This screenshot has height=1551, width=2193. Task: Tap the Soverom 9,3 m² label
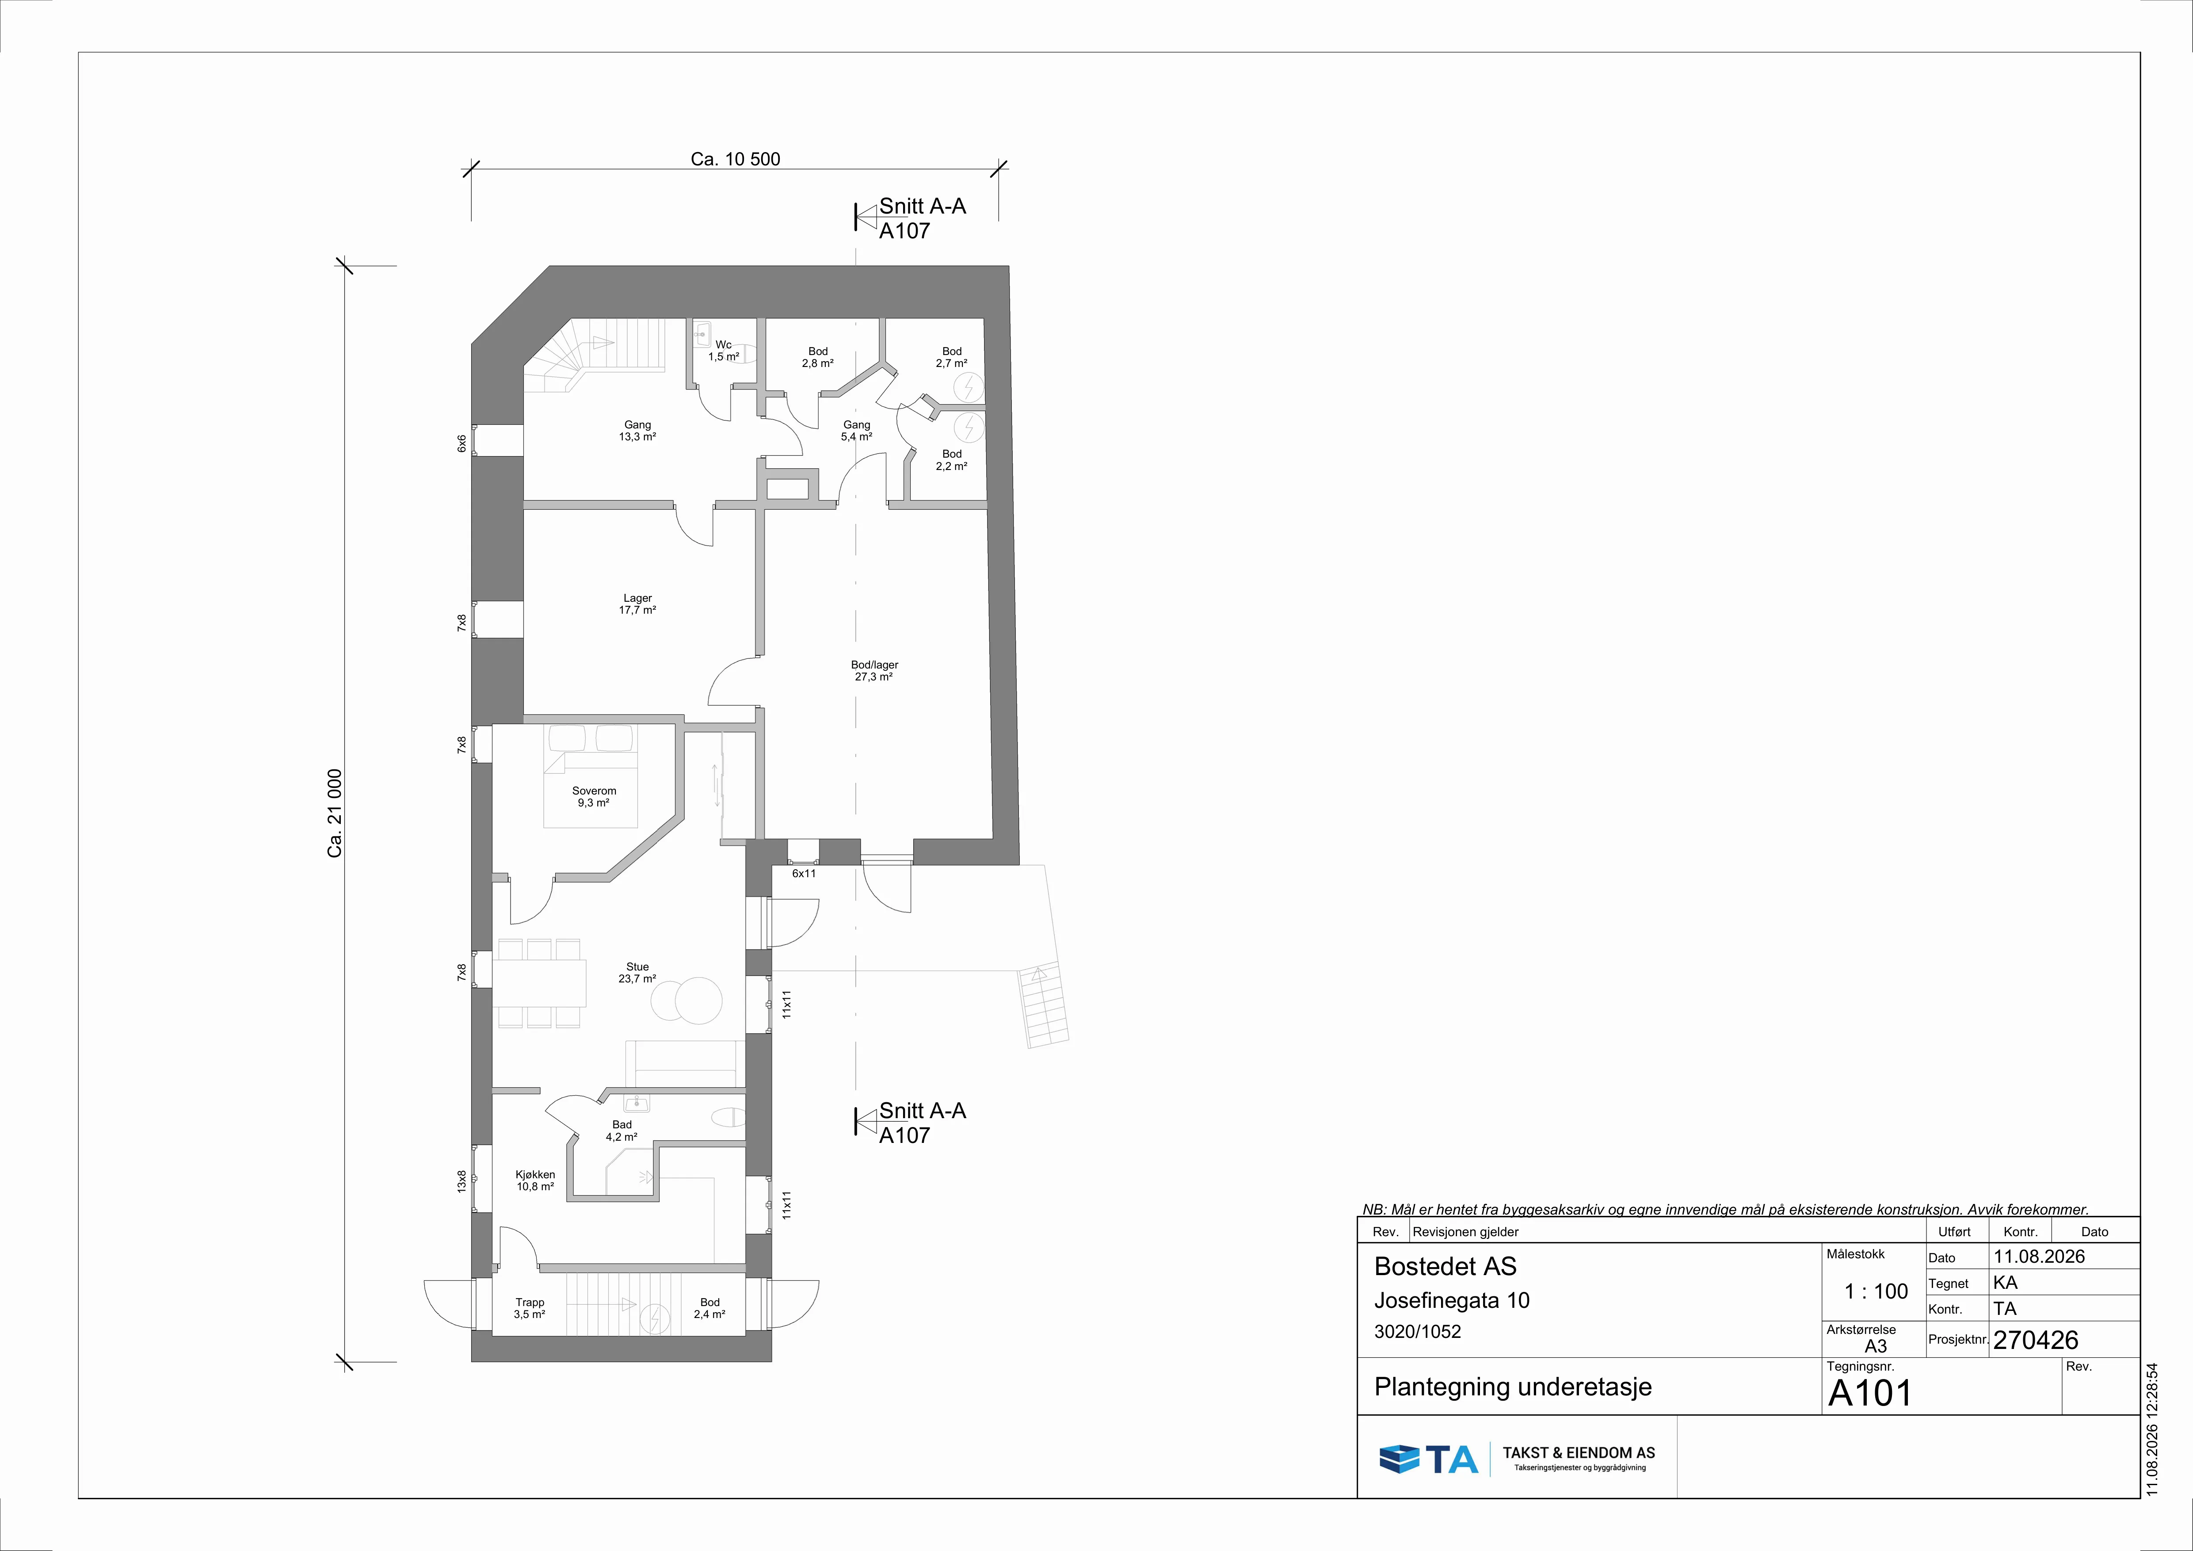[x=594, y=797]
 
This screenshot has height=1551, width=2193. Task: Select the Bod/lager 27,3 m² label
[x=874, y=670]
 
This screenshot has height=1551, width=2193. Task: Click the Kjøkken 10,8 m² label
[x=535, y=1180]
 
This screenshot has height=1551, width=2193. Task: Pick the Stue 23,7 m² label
[x=637, y=972]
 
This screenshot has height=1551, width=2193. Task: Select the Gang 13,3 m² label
[x=637, y=431]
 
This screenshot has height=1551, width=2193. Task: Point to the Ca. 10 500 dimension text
[x=736, y=159]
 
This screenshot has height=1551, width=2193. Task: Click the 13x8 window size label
[x=461, y=1181]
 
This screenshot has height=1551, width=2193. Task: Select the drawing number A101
[x=1870, y=1394]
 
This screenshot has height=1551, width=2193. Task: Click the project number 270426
[x=2035, y=1340]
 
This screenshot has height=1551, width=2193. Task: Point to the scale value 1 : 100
[x=1876, y=1291]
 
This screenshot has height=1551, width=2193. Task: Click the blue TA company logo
[x=1428, y=1458]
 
